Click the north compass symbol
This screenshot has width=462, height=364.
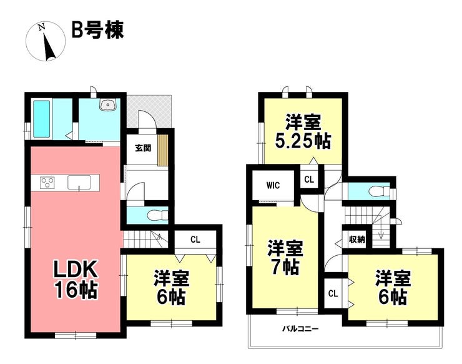pyautogui.click(x=46, y=42)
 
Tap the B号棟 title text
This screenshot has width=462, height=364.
pyautogui.click(x=97, y=30)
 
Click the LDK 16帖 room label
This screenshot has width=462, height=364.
pyautogui.click(x=76, y=280)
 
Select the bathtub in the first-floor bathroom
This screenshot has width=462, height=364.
pyautogui.click(x=42, y=119)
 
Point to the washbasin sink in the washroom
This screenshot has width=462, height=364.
pyautogui.click(x=109, y=104)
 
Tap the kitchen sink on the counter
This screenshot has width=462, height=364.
pyautogui.click(x=79, y=182)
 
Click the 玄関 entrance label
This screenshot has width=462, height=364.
pyautogui.click(x=143, y=148)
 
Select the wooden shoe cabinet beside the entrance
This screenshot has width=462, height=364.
pyautogui.click(x=163, y=150)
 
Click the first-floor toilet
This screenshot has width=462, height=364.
pyautogui.click(x=157, y=215)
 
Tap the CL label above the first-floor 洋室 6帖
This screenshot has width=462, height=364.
pyautogui.click(x=195, y=240)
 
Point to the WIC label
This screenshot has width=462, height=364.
pyautogui.click(x=273, y=185)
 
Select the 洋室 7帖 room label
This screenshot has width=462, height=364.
pyautogui.click(x=285, y=258)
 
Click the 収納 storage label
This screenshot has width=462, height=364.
pyautogui.click(x=357, y=240)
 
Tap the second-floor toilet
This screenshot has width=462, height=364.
pyautogui.click(x=378, y=191)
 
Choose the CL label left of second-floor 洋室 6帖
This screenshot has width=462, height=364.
pyautogui.click(x=333, y=294)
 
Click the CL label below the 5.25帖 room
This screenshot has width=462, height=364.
pyautogui.click(x=309, y=179)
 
